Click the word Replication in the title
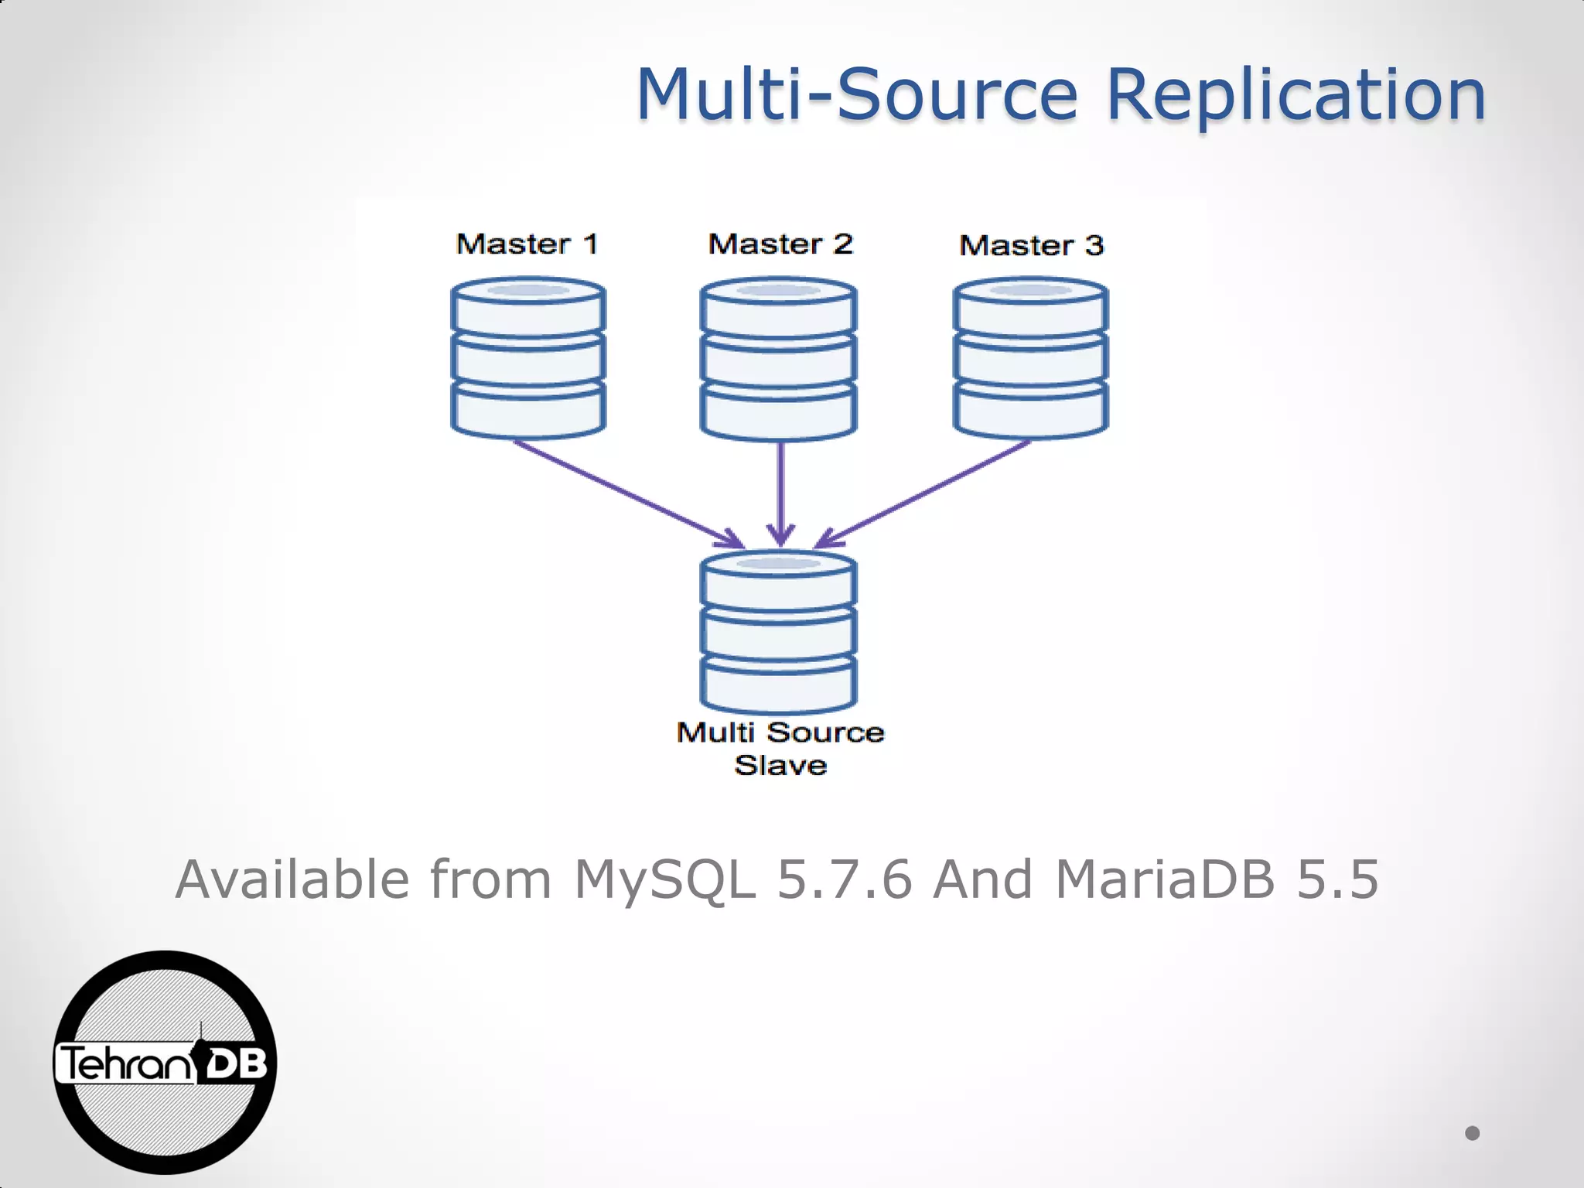[1296, 96]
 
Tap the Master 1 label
[527, 244]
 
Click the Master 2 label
[780, 244]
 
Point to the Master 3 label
[1031, 246]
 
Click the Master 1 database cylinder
[528, 359]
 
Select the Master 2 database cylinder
[778, 360]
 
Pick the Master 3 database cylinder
[1030, 360]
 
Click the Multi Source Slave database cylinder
[778, 631]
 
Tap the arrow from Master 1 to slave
[626, 493]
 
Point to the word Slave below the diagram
[780, 766]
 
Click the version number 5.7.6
[845, 880]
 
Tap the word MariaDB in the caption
[1165, 880]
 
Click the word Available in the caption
[292, 880]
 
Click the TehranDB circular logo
[165, 1063]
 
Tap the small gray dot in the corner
[1472, 1133]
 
